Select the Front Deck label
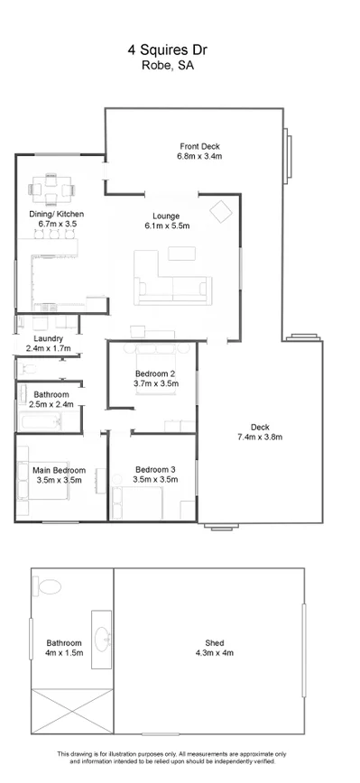point(198,146)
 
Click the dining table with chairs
point(53,191)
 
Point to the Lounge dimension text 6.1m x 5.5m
point(165,227)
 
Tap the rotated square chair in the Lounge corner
point(220,211)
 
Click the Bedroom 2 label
point(154,373)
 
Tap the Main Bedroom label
point(59,470)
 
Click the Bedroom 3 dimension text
point(155,480)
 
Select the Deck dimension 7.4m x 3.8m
point(261,438)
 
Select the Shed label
point(209,643)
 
